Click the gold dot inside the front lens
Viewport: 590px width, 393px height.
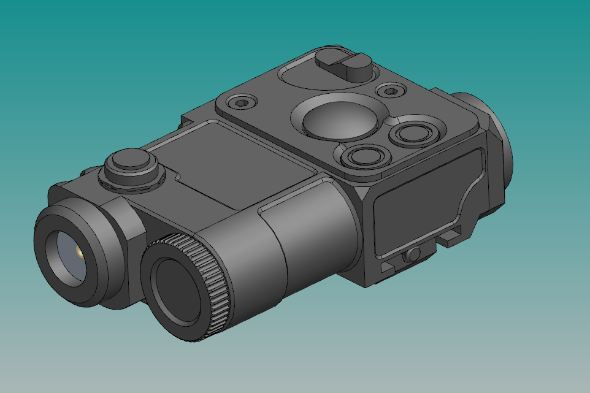click(79, 251)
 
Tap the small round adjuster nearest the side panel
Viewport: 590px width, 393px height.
click(363, 156)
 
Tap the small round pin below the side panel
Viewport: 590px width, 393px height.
click(415, 253)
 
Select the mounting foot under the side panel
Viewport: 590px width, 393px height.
click(451, 236)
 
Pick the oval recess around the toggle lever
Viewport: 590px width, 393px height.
click(307, 77)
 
